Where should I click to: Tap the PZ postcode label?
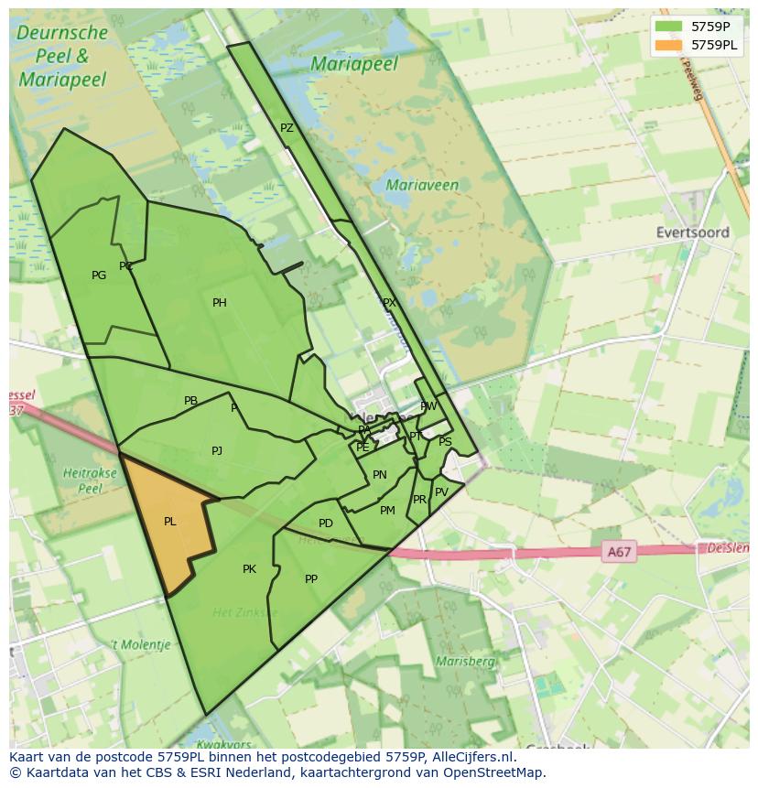tap(287, 128)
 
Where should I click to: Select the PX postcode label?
tap(389, 303)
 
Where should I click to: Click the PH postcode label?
tap(220, 303)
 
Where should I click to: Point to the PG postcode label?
tap(99, 275)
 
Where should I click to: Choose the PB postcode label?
tap(190, 401)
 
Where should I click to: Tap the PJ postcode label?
tap(217, 450)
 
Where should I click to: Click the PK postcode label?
tap(249, 569)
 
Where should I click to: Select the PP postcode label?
tap(311, 578)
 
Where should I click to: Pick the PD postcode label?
tap(326, 524)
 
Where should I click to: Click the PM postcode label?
tap(387, 511)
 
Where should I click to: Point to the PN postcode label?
tap(380, 475)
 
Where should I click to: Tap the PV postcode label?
tap(441, 492)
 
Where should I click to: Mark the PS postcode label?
tap(445, 442)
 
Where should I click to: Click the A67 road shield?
tap(620, 552)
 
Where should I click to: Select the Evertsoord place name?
tap(693, 232)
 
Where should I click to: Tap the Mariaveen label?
tap(422, 185)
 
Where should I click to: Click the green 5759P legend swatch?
tap(668, 26)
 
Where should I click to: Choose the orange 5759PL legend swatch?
tap(668, 45)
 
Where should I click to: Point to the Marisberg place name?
tap(465, 661)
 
